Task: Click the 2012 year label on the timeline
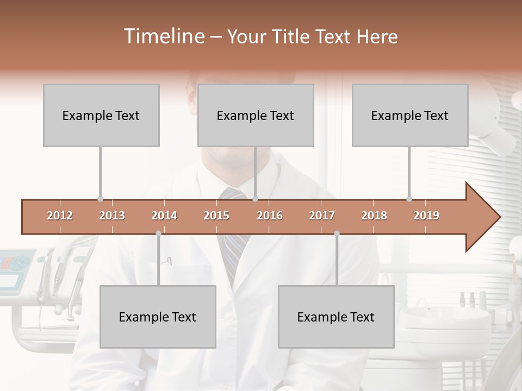pyautogui.click(x=60, y=216)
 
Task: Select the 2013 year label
pyautogui.click(x=112, y=216)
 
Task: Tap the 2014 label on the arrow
pyautogui.click(x=164, y=216)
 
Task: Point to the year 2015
pyautogui.click(x=216, y=216)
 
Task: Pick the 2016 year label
pyautogui.click(x=270, y=216)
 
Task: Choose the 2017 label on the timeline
pyautogui.click(x=322, y=216)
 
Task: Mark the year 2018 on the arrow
pyautogui.click(x=374, y=216)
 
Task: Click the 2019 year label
pyautogui.click(x=426, y=216)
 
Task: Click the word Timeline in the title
pyautogui.click(x=163, y=36)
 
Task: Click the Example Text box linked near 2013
pyautogui.click(x=101, y=115)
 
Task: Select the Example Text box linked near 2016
pyautogui.click(x=256, y=115)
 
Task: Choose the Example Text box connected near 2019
pyautogui.click(x=410, y=115)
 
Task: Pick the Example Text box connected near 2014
pyautogui.click(x=158, y=317)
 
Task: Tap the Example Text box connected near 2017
pyautogui.click(x=336, y=317)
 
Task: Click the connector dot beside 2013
pyautogui.click(x=100, y=199)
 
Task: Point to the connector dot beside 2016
pyautogui.click(x=256, y=199)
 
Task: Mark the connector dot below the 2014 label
pyautogui.click(x=158, y=234)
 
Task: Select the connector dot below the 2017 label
pyautogui.click(x=337, y=234)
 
